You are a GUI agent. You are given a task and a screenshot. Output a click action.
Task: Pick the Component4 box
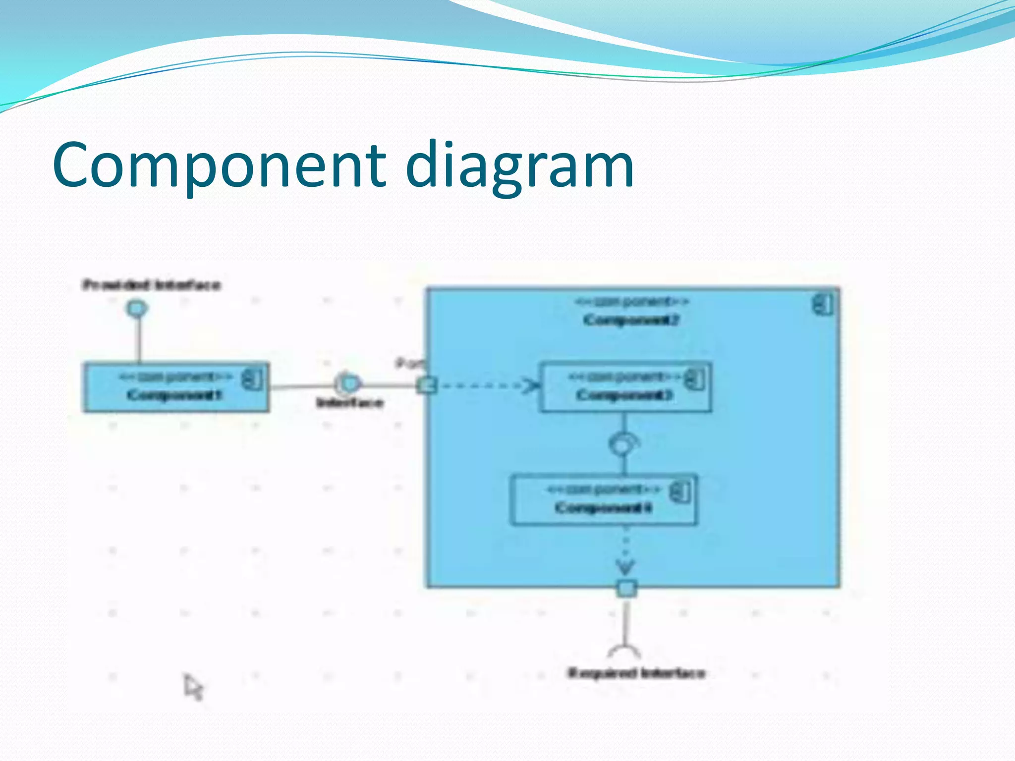click(603, 500)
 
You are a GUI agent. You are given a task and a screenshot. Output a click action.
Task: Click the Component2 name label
click(630, 320)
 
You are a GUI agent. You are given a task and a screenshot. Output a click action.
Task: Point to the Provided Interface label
click(151, 285)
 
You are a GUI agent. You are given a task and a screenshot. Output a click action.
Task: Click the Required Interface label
click(636, 673)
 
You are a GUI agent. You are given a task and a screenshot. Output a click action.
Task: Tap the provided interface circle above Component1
click(137, 309)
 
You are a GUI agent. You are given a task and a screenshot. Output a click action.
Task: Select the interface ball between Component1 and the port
click(348, 383)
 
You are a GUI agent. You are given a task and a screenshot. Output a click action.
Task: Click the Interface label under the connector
click(350, 402)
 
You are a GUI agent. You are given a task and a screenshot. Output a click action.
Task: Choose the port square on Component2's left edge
click(426, 385)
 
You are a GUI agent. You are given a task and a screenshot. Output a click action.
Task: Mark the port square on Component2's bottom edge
click(626, 589)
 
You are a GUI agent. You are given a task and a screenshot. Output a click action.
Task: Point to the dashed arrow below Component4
click(625, 552)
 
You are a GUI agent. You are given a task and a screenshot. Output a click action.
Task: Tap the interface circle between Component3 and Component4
click(622, 444)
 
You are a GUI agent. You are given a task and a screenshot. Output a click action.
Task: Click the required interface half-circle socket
click(624, 650)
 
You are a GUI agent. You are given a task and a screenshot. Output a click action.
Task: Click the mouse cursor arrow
click(193, 687)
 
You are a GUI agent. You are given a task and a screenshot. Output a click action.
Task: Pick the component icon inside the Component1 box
click(252, 380)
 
